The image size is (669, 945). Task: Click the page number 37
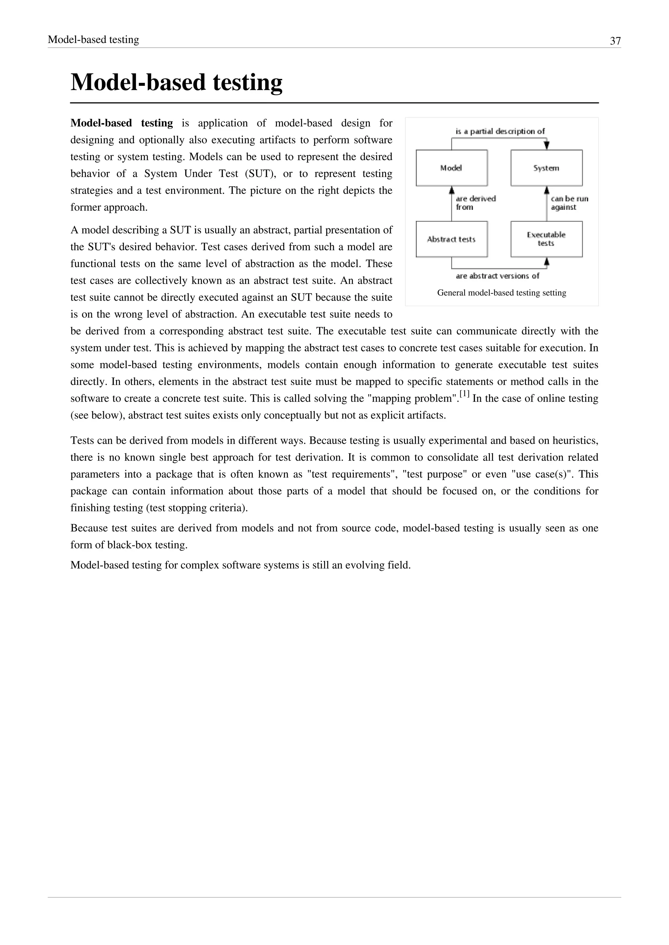click(615, 41)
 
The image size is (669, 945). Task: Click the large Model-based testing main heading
click(176, 82)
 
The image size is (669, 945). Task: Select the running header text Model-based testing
click(93, 39)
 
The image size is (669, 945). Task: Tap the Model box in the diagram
click(451, 168)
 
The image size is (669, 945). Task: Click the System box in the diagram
click(546, 168)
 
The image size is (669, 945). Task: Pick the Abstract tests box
click(451, 239)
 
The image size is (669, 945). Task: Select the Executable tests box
click(546, 239)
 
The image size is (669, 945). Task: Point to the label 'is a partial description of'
click(500, 131)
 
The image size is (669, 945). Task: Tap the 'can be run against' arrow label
click(569, 203)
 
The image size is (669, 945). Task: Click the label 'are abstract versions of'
click(497, 276)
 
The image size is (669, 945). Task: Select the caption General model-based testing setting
click(501, 293)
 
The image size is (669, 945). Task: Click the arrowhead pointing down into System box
click(547, 145)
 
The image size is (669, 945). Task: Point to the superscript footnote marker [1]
click(464, 394)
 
